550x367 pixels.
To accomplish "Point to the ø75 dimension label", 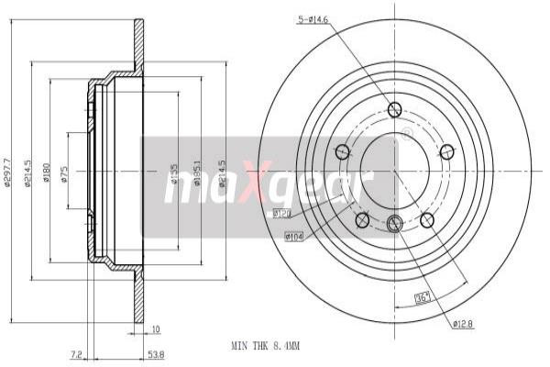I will click(x=65, y=172).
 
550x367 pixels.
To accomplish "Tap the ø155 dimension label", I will click(x=175, y=172).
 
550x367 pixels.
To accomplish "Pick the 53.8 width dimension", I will click(x=157, y=352).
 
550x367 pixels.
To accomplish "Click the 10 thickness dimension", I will click(x=156, y=328).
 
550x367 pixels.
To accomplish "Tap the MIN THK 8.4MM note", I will click(x=265, y=346).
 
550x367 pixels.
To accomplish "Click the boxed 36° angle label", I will click(x=423, y=295).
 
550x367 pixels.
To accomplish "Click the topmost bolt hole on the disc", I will click(x=395, y=111).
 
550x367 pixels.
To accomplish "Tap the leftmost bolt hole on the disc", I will click(x=343, y=151).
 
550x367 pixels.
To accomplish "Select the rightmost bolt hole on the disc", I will click(x=447, y=151).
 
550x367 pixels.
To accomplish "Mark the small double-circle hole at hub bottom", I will click(x=395, y=222).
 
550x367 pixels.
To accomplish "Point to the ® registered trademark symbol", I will click(x=406, y=133).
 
